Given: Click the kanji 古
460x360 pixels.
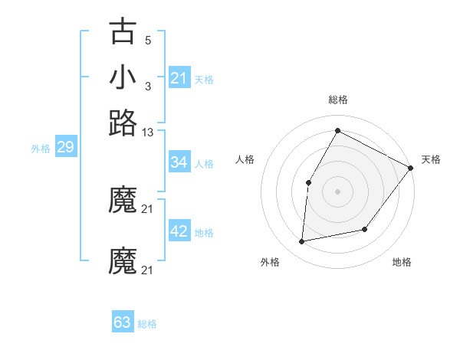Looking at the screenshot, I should click(x=123, y=32).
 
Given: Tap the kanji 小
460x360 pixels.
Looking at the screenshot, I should click(x=123, y=77).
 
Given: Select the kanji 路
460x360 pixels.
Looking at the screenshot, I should click(x=123, y=123).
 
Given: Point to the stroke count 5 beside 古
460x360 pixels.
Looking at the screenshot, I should click(x=148, y=40).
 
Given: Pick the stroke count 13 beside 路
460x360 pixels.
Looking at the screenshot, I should click(x=148, y=133).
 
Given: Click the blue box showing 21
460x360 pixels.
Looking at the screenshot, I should click(x=179, y=77).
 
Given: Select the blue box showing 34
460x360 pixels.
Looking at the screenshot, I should click(x=179, y=162).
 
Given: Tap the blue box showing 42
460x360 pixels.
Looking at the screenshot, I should click(x=179, y=231).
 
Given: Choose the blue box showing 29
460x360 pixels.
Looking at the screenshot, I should click(x=65, y=148).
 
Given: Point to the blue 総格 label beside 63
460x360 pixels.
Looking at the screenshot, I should click(x=147, y=324).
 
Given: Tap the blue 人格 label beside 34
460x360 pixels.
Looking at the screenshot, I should click(x=205, y=164).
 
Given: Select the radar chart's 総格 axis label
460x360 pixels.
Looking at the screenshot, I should click(x=337, y=100).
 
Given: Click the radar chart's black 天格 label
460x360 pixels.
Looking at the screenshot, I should click(x=431, y=159).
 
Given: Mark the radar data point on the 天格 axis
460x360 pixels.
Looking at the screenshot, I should click(x=410, y=168).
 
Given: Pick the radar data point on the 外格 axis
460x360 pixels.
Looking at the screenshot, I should click(x=302, y=242).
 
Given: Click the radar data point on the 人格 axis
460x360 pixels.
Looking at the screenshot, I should click(x=308, y=182).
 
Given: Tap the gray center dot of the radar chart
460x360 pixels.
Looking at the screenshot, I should click(x=337, y=191).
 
